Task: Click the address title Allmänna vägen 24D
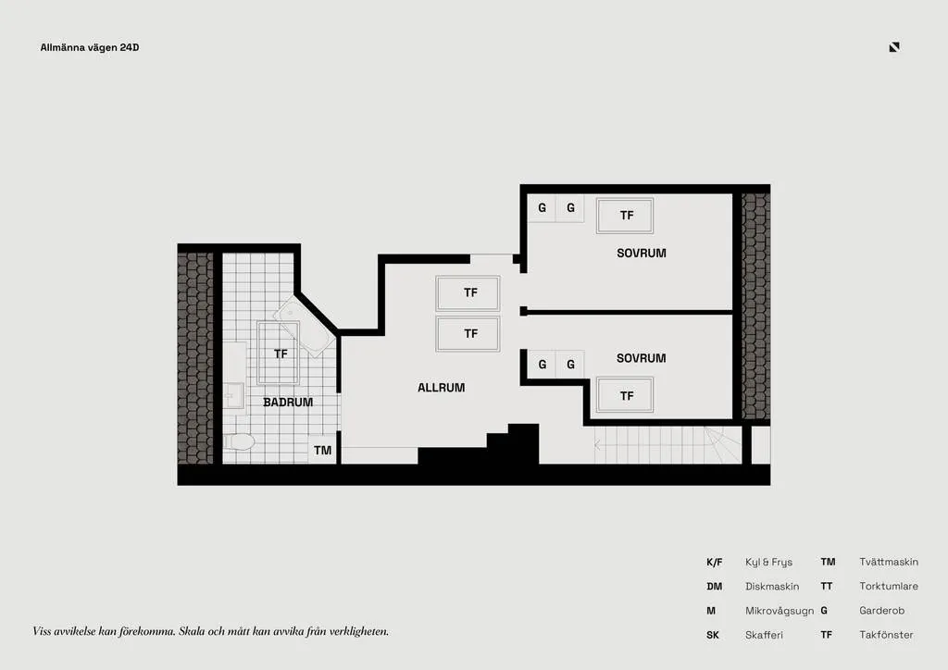click(90, 48)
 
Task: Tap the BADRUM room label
click(288, 403)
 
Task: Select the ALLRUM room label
click(442, 388)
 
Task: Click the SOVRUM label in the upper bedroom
click(642, 254)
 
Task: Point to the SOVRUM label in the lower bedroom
click(642, 358)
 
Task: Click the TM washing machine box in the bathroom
click(322, 450)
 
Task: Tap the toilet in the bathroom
click(240, 442)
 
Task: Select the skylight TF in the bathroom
click(279, 354)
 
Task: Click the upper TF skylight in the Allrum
click(468, 293)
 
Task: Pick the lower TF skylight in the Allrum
click(468, 333)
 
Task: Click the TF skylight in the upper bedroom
click(625, 216)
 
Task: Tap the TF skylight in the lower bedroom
click(625, 396)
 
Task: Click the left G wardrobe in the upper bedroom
click(542, 208)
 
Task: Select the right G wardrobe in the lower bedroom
click(570, 365)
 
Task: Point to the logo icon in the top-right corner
click(894, 47)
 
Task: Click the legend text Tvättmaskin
click(889, 562)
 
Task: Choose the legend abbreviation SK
click(713, 635)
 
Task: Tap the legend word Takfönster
click(886, 635)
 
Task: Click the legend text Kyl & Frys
click(768, 563)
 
